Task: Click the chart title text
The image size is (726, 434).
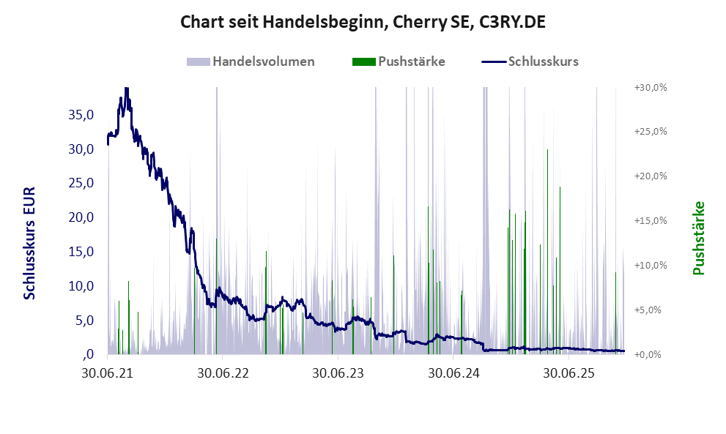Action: click(363, 23)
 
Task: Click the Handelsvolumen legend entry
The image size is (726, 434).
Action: click(263, 61)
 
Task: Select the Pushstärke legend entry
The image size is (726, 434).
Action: click(411, 61)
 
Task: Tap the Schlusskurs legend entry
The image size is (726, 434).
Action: click(543, 61)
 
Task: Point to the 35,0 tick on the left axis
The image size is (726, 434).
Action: click(81, 115)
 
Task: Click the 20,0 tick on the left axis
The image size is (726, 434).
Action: click(81, 217)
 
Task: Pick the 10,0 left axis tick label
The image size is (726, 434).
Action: click(81, 286)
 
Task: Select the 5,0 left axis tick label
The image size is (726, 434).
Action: click(84, 321)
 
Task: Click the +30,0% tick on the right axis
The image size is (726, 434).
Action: click(651, 87)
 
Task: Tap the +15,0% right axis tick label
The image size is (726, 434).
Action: click(651, 221)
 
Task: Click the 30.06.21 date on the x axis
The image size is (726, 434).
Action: click(108, 373)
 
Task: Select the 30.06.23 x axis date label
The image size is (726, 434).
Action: click(338, 373)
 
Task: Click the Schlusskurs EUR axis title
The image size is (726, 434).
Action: click(30, 242)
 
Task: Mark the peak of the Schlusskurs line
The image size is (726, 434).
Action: click(126, 89)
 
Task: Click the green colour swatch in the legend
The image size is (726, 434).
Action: click(363, 61)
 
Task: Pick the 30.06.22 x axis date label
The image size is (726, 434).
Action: click(223, 373)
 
